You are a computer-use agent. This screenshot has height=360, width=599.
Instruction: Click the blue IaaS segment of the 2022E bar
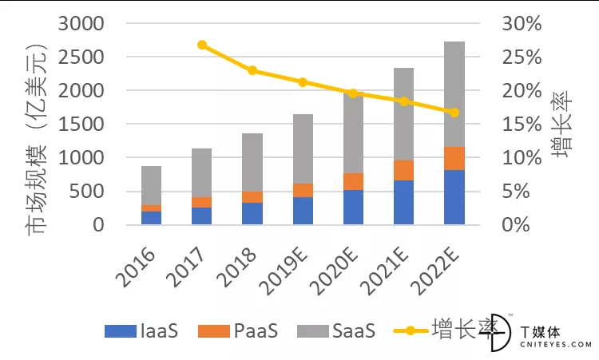click(x=454, y=197)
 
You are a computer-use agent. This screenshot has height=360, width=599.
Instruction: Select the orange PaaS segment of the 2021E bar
click(x=404, y=170)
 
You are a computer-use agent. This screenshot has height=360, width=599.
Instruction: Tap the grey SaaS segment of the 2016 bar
click(x=152, y=185)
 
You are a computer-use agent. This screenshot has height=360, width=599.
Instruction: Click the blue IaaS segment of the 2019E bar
click(x=303, y=211)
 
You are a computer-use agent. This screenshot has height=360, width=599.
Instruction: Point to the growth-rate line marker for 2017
click(x=202, y=45)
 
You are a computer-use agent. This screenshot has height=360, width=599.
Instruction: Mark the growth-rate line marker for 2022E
click(x=454, y=113)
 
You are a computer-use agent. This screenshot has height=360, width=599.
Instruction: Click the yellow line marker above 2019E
click(x=303, y=82)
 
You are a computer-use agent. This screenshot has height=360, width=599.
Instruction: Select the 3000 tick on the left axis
click(x=85, y=24)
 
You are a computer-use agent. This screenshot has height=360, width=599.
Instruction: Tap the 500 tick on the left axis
click(x=92, y=192)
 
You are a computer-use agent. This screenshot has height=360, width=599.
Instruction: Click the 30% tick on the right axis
click(x=522, y=24)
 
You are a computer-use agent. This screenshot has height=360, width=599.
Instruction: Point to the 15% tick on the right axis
click(x=522, y=125)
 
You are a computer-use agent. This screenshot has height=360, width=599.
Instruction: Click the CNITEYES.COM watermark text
click(x=555, y=345)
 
